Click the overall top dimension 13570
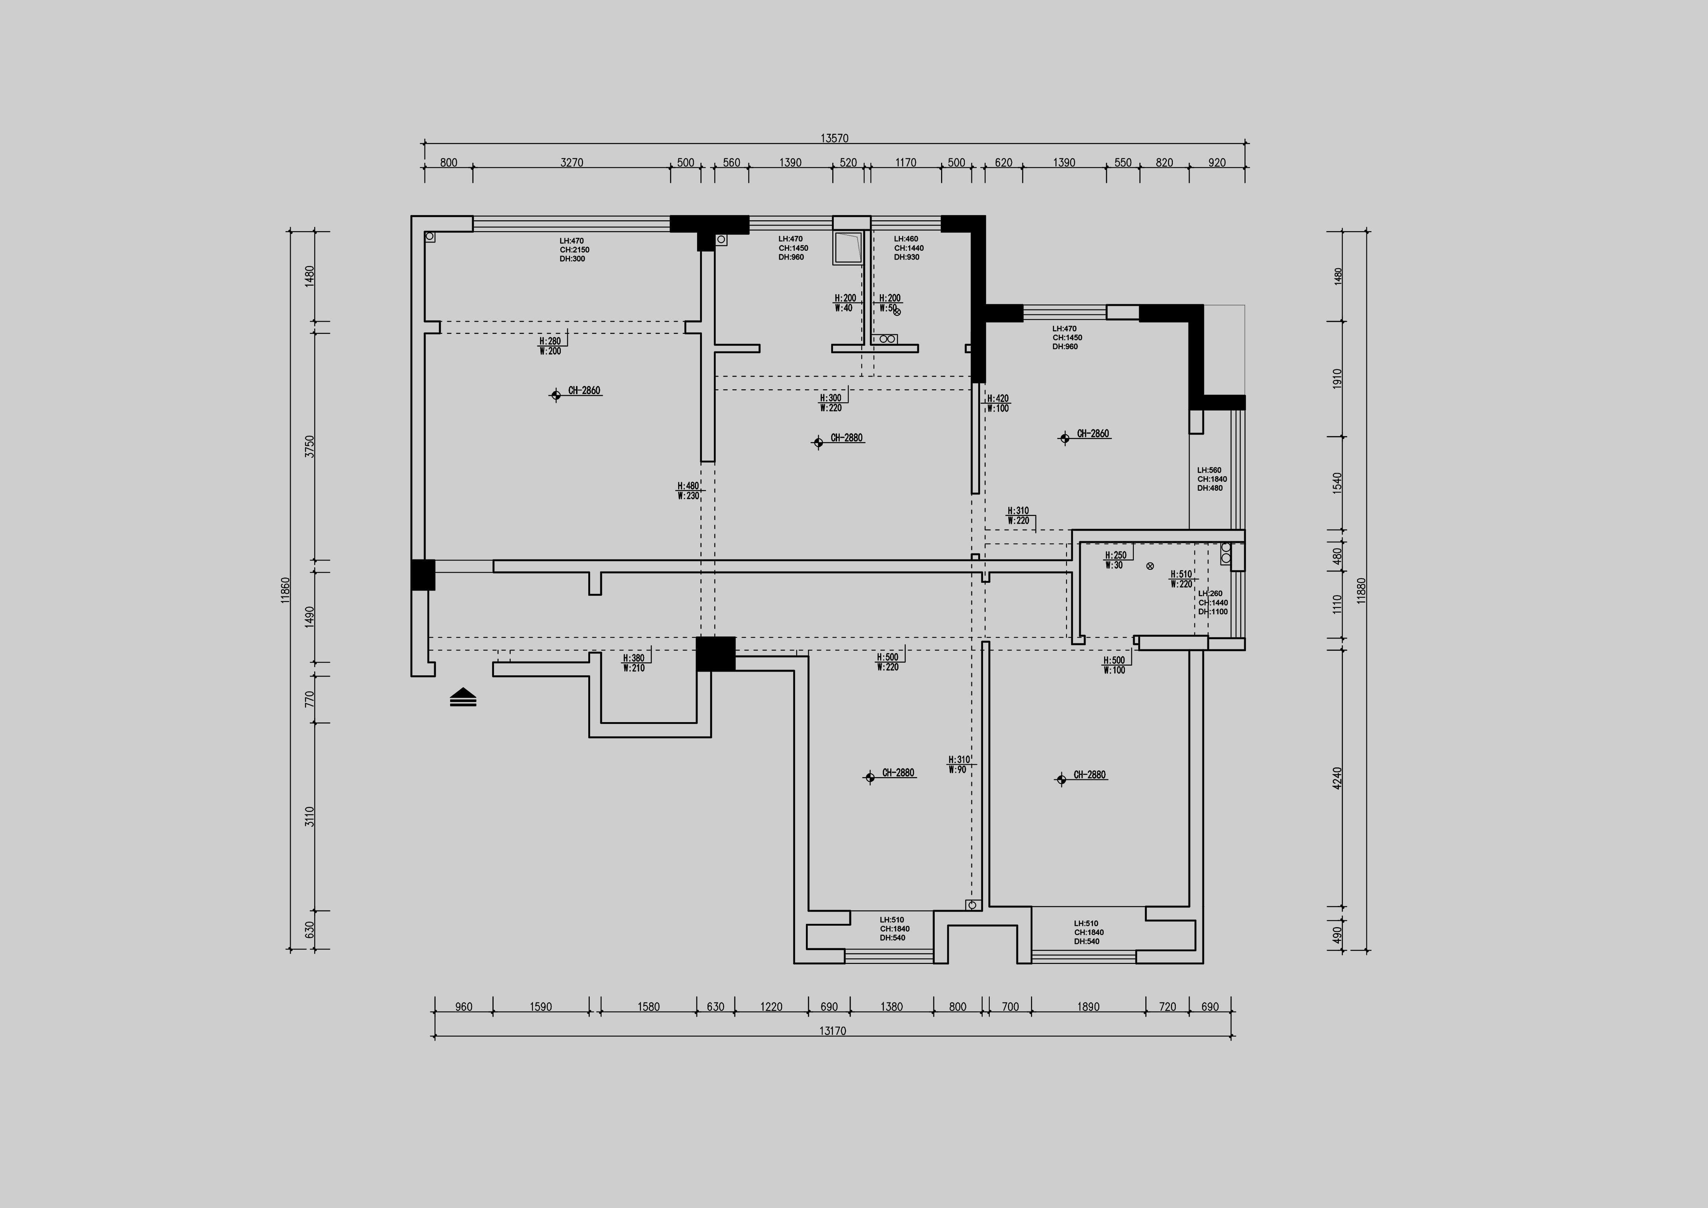pos(834,138)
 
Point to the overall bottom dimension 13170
pos(832,1031)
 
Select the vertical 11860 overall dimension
pos(286,590)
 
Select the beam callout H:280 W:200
pos(550,346)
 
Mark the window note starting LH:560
pos(1212,479)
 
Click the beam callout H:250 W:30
pos(1115,560)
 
